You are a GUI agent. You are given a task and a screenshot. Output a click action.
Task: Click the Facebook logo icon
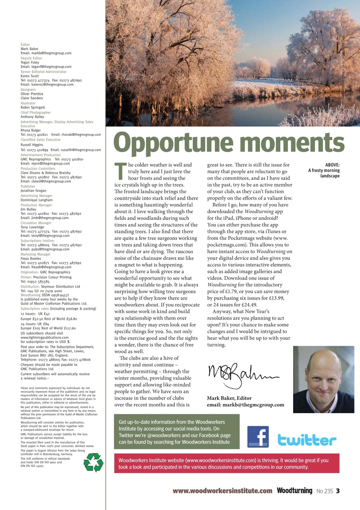(x=258, y=437)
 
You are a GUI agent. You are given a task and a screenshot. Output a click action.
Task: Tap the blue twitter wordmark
(x=307, y=439)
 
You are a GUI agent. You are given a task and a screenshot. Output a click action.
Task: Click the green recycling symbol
(x=93, y=462)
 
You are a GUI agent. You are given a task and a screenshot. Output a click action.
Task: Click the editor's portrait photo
(x=323, y=379)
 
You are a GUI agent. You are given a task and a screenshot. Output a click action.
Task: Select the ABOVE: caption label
(x=332, y=165)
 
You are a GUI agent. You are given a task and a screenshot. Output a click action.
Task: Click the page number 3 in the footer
(x=338, y=491)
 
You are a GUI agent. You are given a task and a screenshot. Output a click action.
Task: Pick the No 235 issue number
(x=325, y=491)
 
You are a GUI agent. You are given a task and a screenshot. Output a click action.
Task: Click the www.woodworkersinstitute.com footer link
(x=222, y=491)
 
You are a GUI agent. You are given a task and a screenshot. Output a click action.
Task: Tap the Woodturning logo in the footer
(x=294, y=491)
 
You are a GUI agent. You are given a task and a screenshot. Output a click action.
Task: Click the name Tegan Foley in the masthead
(x=29, y=63)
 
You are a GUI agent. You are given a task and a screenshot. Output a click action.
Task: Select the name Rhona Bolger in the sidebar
(x=30, y=130)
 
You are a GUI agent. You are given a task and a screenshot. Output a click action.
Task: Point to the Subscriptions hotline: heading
(x=37, y=241)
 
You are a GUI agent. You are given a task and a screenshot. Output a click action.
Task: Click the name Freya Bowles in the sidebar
(x=30, y=259)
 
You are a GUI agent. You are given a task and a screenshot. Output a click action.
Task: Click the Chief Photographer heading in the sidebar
(x=35, y=113)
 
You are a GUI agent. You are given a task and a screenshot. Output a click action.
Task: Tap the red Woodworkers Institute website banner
(x=227, y=463)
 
